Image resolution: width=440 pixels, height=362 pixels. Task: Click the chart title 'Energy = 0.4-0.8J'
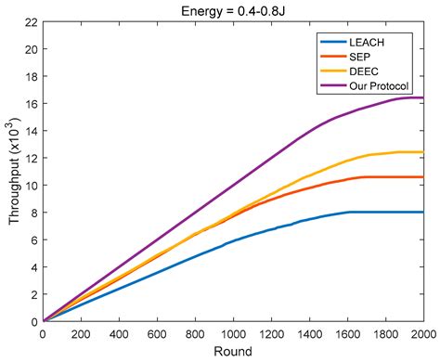click(x=233, y=9)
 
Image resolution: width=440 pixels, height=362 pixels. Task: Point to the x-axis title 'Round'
click(x=233, y=352)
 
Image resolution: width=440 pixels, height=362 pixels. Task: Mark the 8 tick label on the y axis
click(x=34, y=213)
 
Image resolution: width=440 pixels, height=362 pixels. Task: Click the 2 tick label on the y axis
click(x=34, y=294)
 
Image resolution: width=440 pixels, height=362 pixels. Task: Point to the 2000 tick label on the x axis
click(x=422, y=333)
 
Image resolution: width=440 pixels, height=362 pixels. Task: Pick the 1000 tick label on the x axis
click(x=233, y=333)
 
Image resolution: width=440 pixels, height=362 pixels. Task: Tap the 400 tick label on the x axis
click(x=120, y=333)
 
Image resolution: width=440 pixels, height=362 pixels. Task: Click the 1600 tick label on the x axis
click(x=347, y=333)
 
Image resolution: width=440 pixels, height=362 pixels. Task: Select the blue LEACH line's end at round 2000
click(x=422, y=213)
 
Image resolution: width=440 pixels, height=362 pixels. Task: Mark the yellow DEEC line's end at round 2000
click(x=422, y=152)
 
